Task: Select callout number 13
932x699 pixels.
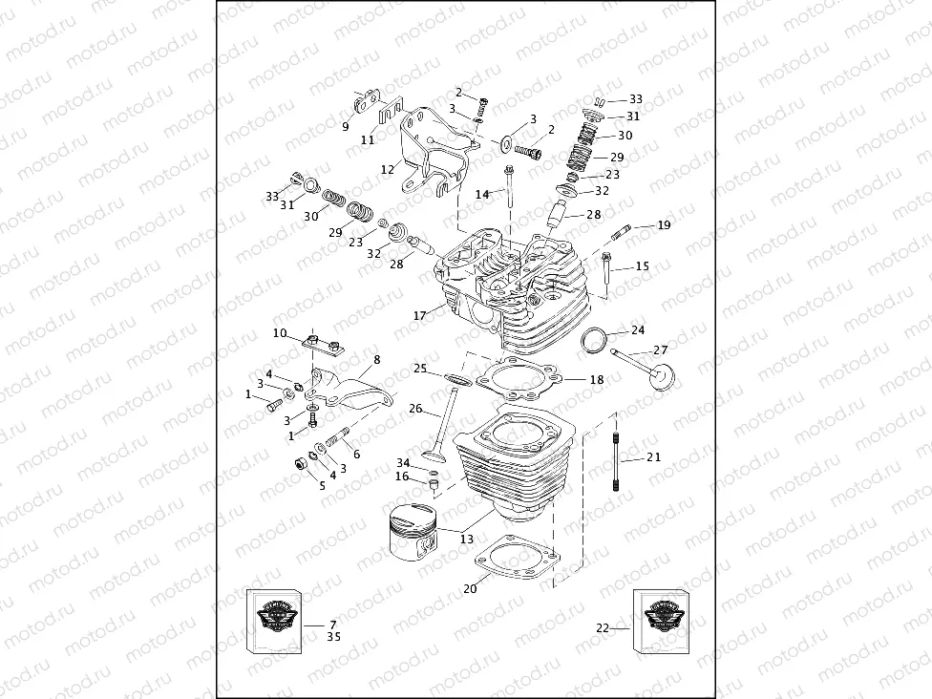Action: click(x=466, y=540)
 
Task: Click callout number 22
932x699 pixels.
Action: click(x=602, y=627)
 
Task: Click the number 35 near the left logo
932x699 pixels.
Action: click(x=333, y=636)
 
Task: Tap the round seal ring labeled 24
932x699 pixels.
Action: click(x=595, y=340)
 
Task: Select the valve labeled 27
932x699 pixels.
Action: click(x=648, y=368)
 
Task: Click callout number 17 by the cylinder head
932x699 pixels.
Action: click(x=419, y=315)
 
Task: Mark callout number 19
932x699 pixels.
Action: click(x=664, y=225)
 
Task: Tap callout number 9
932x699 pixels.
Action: click(x=346, y=126)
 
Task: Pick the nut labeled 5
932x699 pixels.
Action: click(x=298, y=465)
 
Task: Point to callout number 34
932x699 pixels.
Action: click(x=404, y=462)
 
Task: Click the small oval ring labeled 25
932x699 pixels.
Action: click(x=456, y=381)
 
